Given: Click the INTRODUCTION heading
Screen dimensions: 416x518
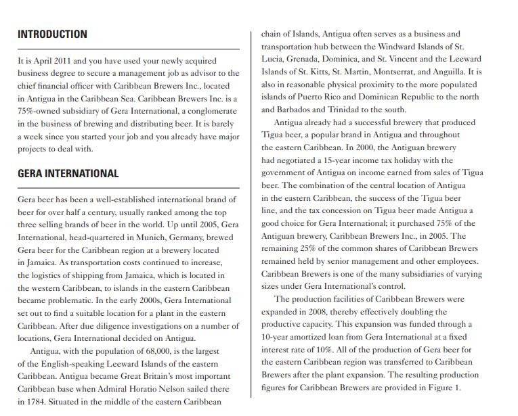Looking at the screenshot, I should (x=52, y=34).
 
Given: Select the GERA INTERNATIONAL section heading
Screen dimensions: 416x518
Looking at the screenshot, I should (x=68, y=173).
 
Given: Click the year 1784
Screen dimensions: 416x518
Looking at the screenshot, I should (x=32, y=401).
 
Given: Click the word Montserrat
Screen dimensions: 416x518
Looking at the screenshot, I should (x=395, y=72).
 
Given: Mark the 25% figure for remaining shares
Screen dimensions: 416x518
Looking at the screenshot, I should (x=311, y=249).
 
